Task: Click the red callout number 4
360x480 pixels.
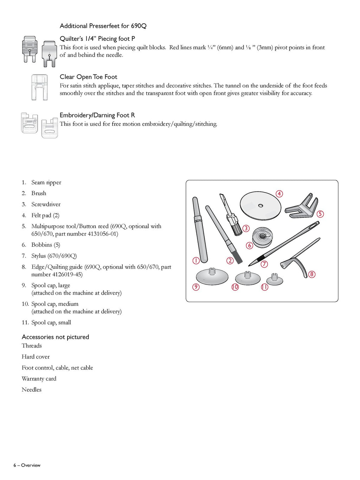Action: tap(279, 194)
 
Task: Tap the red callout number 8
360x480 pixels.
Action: tap(311, 274)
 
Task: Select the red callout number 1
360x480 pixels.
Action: tap(196, 261)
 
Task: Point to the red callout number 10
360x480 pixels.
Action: tap(235, 287)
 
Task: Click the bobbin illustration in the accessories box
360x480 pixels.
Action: tap(263, 238)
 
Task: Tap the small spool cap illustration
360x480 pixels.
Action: tap(274, 280)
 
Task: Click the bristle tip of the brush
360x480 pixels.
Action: tap(238, 259)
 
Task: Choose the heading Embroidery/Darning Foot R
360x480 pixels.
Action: tap(97, 115)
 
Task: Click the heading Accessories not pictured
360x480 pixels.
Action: tap(55, 337)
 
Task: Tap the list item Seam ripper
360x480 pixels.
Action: tap(46, 182)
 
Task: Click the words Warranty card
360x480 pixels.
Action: tap(39, 379)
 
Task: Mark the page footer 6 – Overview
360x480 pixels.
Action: tap(27, 465)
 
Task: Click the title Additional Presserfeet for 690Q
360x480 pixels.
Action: tap(103, 26)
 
